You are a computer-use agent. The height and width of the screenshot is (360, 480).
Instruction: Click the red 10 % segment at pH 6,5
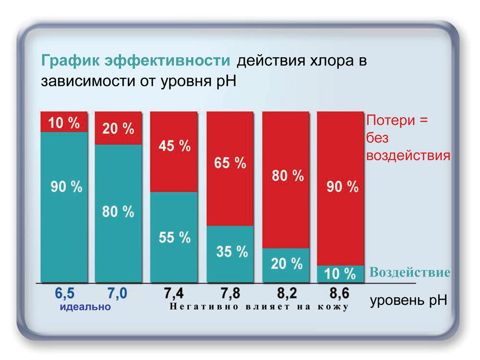point(64,122)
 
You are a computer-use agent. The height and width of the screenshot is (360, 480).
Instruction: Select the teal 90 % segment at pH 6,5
point(64,206)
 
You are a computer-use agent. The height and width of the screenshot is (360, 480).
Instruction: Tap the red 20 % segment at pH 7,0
point(118,128)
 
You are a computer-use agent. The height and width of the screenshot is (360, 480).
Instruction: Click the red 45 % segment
point(174,151)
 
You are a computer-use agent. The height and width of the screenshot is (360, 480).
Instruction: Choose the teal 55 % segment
point(174,237)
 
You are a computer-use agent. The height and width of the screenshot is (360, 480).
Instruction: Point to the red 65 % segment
point(229,168)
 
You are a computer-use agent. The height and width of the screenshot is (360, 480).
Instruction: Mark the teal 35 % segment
point(229,253)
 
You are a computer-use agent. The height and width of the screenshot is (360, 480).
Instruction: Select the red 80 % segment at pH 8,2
point(286,180)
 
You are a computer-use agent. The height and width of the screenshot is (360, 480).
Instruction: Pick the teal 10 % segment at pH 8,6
point(341,274)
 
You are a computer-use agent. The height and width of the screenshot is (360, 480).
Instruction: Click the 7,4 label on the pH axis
point(174,293)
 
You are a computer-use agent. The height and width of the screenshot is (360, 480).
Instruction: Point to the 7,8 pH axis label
point(229,293)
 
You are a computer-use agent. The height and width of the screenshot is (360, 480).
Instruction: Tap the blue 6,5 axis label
point(64,293)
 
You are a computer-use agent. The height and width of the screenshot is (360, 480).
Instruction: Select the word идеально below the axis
point(85,307)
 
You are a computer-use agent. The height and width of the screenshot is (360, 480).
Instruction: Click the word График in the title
point(71,61)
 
